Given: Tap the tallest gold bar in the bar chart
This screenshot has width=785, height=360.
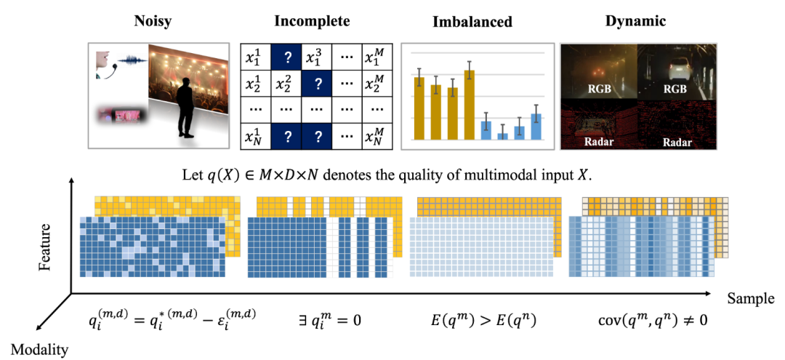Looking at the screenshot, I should (470, 103).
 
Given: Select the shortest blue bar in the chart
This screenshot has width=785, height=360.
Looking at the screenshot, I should (502, 136).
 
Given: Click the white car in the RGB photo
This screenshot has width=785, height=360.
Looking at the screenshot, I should (677, 66).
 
